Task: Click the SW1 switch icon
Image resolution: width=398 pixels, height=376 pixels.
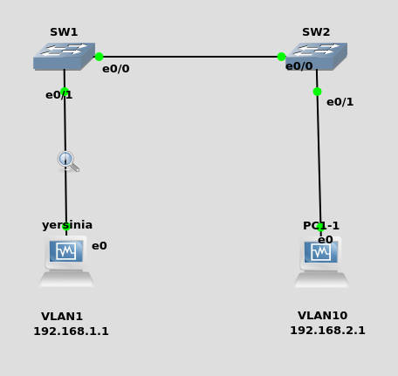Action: (x=64, y=57)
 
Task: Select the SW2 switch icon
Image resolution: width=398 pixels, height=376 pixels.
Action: (x=316, y=57)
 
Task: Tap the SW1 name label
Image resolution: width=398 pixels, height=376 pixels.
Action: (x=64, y=32)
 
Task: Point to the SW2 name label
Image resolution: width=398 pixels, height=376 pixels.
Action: (x=316, y=32)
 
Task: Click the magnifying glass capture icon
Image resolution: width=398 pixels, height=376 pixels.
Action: (x=68, y=161)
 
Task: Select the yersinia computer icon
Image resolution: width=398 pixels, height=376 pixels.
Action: (x=66, y=261)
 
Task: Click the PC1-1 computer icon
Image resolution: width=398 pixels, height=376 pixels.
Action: (x=321, y=262)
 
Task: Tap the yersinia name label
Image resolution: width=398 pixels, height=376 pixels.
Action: (x=67, y=225)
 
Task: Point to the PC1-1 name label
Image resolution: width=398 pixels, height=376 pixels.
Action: (x=321, y=226)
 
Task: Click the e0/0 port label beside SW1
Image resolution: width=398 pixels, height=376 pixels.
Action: (x=116, y=69)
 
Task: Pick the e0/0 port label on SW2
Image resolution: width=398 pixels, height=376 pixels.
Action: (x=299, y=66)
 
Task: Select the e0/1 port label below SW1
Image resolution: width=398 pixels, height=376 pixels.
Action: (x=59, y=95)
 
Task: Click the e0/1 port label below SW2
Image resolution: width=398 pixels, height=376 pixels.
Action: (x=340, y=102)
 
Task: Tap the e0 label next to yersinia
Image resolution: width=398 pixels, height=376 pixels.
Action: (x=99, y=246)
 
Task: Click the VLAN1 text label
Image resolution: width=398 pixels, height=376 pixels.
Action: (x=62, y=317)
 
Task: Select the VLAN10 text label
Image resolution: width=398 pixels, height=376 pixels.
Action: (x=323, y=316)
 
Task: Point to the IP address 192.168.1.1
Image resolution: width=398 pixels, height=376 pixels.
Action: (x=72, y=332)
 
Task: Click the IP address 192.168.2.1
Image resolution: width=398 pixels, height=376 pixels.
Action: (x=327, y=331)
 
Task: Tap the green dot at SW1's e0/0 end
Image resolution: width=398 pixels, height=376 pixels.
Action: (x=99, y=57)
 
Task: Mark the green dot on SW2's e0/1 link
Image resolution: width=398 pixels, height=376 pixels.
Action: (x=317, y=92)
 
